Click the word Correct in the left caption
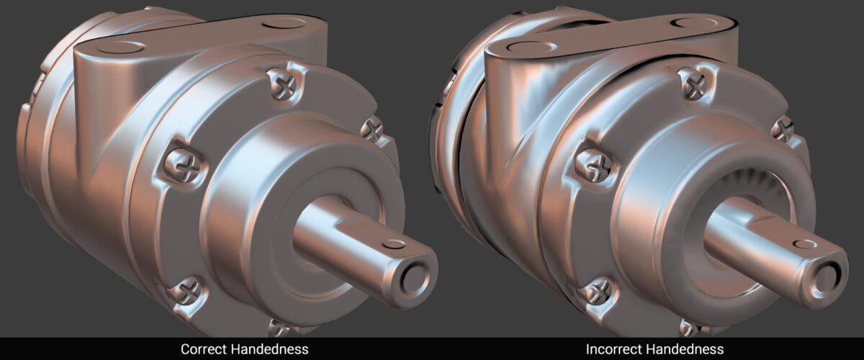tap(204, 349)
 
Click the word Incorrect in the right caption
tap(614, 349)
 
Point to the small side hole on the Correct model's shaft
tap(394, 244)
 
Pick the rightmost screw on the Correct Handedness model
tap(372, 130)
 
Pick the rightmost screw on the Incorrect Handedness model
tap(782, 130)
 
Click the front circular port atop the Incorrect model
tap(530, 49)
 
